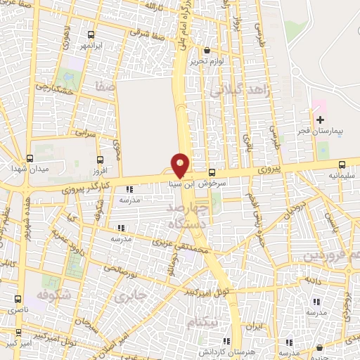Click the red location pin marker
pyautogui.click(x=181, y=165)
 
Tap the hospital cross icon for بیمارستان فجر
pyautogui.click(x=321, y=120)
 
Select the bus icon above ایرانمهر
pyautogui.click(x=91, y=34)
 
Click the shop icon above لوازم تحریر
pyautogui.click(x=207, y=51)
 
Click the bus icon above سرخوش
pyautogui.click(x=212, y=172)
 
